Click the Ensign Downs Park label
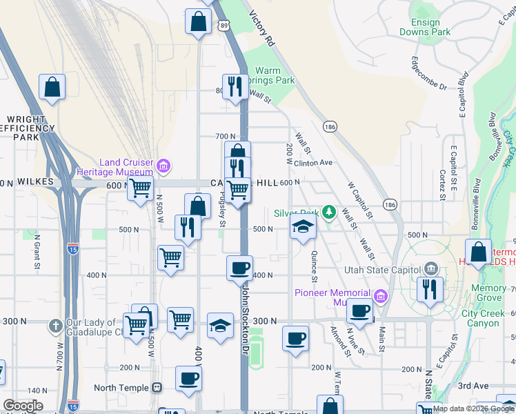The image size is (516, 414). pyautogui.click(x=425, y=27)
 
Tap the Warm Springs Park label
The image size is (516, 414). pyautogui.click(x=276, y=75)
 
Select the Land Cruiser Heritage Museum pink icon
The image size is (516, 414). pyautogui.click(x=163, y=166)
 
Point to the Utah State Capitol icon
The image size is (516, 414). pyautogui.click(x=431, y=268)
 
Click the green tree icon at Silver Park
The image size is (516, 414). pyautogui.click(x=329, y=210)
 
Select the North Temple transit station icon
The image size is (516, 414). pyautogui.click(x=157, y=388)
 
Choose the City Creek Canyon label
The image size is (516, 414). pyautogui.click(x=480, y=318)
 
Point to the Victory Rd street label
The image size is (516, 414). pyautogui.click(x=261, y=28)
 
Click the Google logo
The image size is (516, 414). pyautogui.click(x=23, y=405)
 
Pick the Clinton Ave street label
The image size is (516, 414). pyautogui.click(x=313, y=163)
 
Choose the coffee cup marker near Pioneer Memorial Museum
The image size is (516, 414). pyautogui.click(x=359, y=310)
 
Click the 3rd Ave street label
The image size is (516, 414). pyautogui.click(x=472, y=386)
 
